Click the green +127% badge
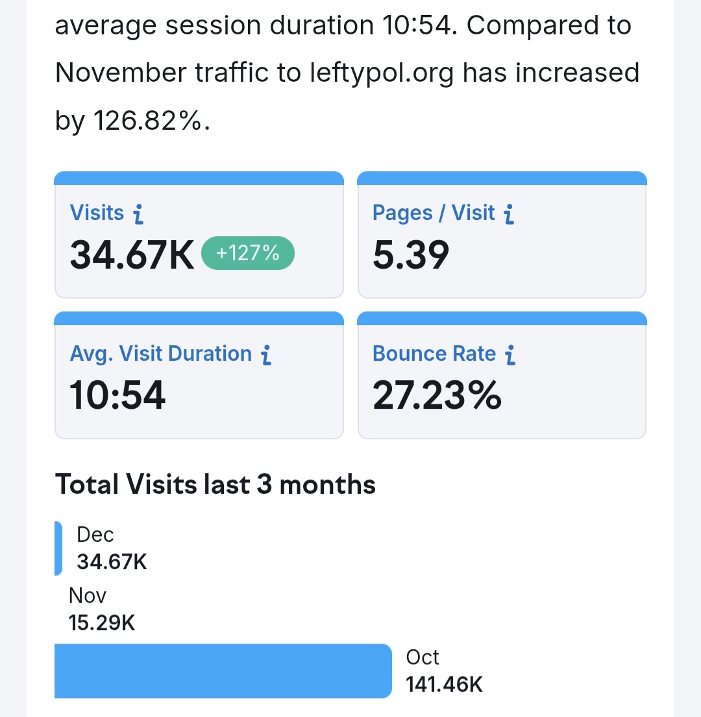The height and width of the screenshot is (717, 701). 247,254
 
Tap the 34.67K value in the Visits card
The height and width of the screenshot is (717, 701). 132,255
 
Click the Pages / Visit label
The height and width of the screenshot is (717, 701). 434,213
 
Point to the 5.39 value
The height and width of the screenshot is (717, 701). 410,255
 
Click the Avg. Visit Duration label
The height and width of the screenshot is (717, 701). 160,354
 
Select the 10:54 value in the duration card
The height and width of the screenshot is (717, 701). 117,395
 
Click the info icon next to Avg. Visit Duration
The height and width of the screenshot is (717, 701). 265,354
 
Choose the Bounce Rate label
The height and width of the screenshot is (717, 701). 434,354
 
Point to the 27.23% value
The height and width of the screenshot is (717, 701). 437,395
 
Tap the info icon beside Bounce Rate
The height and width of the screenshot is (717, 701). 510,354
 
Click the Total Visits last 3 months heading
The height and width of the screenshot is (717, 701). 215,485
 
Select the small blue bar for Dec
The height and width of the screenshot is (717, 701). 58,548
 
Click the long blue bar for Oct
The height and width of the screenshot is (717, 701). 223,671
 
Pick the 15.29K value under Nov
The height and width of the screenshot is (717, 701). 101,623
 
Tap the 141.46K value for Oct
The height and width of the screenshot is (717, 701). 444,684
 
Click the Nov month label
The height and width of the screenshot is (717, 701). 87,596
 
